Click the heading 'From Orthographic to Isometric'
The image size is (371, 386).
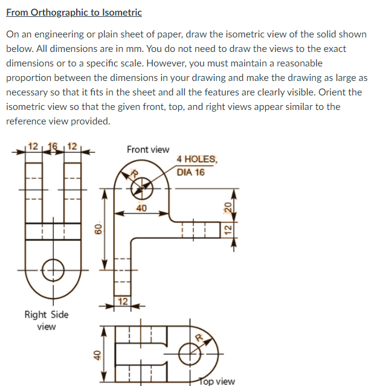coord(74,12)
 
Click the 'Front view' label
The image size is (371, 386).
coord(148,149)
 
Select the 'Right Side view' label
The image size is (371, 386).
coord(47,320)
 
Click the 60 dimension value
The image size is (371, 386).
coord(95,229)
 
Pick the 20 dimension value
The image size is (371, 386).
coord(227,207)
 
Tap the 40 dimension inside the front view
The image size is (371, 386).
coord(141,209)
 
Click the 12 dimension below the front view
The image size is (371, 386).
coord(123,301)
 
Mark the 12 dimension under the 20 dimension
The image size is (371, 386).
coord(227,230)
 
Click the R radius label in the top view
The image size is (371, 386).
coord(199,336)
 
